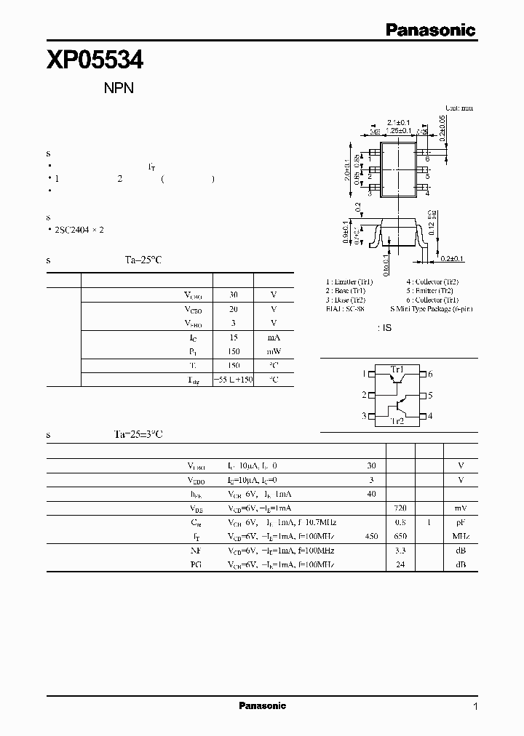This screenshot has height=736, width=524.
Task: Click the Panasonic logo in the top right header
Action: click(430, 30)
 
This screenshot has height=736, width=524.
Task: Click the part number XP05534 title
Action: click(95, 60)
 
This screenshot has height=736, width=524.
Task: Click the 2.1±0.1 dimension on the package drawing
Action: click(400, 122)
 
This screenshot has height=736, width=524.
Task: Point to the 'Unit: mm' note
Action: click(458, 108)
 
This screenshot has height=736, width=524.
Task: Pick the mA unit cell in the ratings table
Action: click(274, 337)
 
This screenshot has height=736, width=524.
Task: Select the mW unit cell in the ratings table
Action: click(274, 351)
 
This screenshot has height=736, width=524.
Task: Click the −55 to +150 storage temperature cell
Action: click(233, 380)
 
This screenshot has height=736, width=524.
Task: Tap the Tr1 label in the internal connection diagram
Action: click(397, 369)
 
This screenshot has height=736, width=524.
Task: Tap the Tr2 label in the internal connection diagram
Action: click(397, 421)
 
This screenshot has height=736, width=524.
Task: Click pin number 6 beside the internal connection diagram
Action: click(431, 374)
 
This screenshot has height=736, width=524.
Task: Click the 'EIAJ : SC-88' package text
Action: click(349, 308)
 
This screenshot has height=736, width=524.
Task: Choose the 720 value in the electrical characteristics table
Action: click(400, 508)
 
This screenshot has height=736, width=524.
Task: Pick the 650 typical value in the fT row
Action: click(400, 536)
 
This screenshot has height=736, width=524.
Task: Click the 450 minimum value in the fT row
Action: click(371, 536)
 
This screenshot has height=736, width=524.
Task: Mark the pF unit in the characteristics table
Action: click(460, 522)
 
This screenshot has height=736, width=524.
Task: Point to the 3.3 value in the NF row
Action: click(400, 551)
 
